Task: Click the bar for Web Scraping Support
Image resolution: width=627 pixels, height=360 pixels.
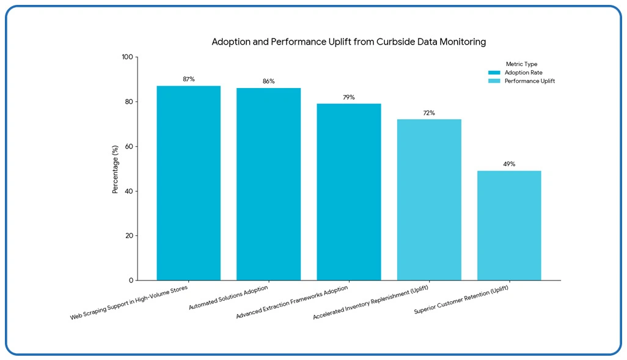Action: tap(188, 183)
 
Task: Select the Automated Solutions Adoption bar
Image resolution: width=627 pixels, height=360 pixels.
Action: tap(268, 184)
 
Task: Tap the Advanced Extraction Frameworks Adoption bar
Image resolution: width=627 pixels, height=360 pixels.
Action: tap(348, 192)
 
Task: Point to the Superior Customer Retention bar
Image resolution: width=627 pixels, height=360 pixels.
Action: tap(509, 226)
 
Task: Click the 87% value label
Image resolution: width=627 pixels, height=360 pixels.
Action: tap(188, 79)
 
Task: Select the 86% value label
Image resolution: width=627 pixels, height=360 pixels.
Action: tap(268, 81)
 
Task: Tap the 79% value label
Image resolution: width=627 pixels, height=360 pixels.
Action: tap(348, 97)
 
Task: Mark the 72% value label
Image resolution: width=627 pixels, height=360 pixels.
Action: tap(429, 113)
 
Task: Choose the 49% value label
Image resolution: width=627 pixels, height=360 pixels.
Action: tap(509, 164)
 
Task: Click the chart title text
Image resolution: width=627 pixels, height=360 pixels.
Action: tap(348, 42)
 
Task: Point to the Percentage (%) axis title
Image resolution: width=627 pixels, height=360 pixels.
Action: tap(115, 169)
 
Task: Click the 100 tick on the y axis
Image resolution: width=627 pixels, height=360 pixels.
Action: tap(127, 57)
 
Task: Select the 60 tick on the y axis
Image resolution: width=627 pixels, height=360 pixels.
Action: tap(129, 147)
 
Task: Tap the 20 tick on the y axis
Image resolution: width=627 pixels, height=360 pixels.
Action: tap(129, 236)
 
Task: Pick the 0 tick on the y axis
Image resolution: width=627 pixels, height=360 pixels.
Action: tap(131, 281)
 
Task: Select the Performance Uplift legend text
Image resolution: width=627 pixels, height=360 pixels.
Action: tap(529, 81)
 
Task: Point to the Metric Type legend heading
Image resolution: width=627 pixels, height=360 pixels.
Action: tap(521, 64)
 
